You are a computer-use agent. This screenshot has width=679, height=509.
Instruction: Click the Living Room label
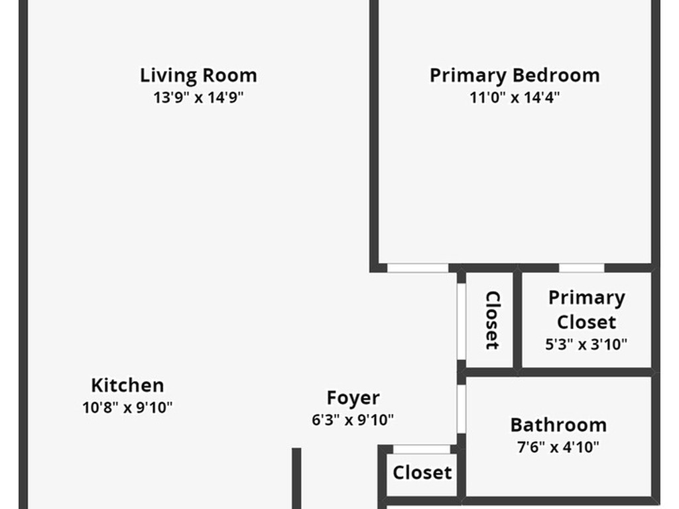198,76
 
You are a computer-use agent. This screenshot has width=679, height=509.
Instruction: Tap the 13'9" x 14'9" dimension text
198,97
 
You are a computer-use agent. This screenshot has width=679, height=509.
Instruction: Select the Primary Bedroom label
515,76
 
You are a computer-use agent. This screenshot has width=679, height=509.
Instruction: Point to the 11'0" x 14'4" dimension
515,97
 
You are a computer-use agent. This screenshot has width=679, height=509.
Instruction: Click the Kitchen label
127,385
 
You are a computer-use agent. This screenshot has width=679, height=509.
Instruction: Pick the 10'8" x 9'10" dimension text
127,408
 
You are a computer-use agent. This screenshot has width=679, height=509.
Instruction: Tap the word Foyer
353,398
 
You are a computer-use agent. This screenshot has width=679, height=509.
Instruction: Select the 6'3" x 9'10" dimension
353,420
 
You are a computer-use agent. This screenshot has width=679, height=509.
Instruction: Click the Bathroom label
558,425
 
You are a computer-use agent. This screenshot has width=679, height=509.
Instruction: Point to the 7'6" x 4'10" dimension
558,447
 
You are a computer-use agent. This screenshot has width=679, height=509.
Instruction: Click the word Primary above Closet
587,298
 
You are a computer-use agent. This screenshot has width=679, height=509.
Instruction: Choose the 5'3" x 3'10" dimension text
586,344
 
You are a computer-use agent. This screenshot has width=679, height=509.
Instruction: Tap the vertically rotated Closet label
493,320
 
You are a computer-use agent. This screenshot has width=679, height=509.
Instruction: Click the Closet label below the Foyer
422,473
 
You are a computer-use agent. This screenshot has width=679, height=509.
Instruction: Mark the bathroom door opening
462,409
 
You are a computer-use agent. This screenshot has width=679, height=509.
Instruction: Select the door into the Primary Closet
582,268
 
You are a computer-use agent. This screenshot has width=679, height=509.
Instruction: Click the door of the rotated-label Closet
462,321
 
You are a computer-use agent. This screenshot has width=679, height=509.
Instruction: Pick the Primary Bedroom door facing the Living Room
418,268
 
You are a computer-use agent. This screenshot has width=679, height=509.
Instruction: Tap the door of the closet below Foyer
421,449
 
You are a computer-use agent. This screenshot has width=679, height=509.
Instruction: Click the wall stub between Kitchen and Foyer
296,479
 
